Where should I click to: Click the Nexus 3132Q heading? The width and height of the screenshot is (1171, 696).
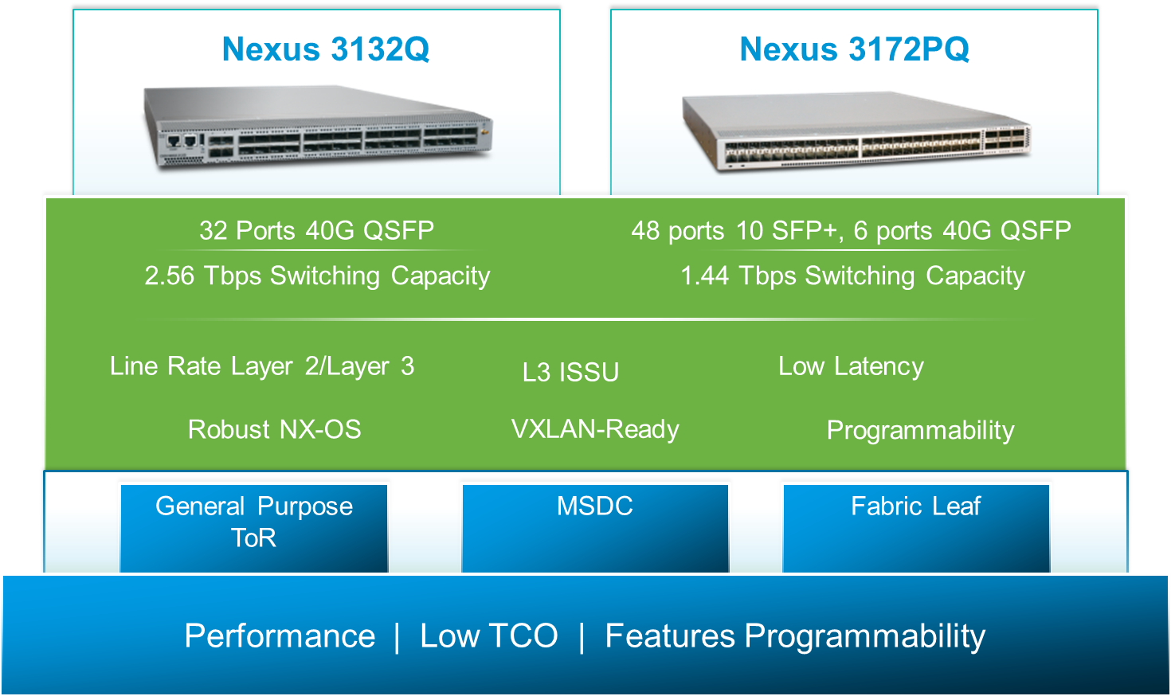tap(325, 49)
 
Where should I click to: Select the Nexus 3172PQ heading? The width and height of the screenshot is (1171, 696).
tap(854, 49)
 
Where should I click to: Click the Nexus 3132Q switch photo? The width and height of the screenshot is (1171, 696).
tap(317, 127)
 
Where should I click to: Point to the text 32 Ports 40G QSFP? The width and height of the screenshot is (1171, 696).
tap(316, 231)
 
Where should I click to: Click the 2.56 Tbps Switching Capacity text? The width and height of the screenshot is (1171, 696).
tap(317, 276)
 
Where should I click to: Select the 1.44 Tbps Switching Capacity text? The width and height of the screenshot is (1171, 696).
tap(852, 276)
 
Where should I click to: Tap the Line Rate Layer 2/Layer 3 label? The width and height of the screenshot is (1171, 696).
tap(262, 366)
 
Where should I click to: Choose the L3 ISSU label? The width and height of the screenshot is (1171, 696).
tap(570, 372)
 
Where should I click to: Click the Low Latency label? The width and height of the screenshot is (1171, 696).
tap(851, 366)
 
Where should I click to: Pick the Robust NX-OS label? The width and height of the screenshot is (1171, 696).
tap(274, 430)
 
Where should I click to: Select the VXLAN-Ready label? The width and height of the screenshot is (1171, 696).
tap(595, 429)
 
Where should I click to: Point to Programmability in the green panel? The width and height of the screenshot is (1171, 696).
tap(920, 431)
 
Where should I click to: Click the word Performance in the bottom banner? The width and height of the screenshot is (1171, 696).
tap(280, 636)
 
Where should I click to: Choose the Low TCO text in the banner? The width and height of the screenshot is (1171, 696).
tap(489, 636)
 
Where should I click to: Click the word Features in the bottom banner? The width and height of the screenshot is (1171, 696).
tap(670, 636)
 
